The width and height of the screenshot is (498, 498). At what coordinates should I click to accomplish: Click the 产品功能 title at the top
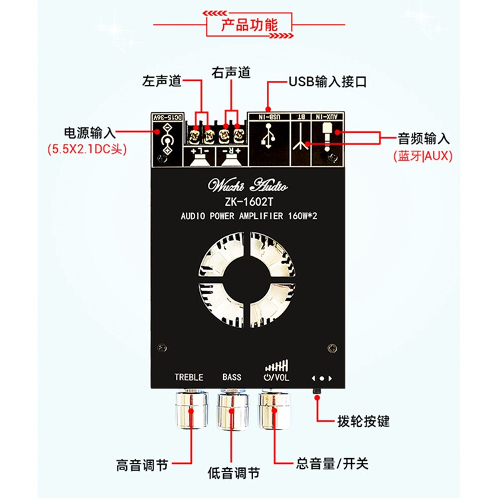249,25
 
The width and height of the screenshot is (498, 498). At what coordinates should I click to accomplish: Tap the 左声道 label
161,82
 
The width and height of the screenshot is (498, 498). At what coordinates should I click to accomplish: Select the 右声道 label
230,72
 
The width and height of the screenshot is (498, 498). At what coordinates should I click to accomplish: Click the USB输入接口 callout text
327,82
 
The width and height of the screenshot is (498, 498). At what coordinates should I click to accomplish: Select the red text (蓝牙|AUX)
421,156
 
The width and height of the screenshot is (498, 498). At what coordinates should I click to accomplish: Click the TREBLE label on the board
189,377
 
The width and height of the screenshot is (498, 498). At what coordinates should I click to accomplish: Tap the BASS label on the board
232,377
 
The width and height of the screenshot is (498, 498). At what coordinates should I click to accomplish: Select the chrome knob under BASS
233,409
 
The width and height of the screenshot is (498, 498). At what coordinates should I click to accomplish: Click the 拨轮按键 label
363,421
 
